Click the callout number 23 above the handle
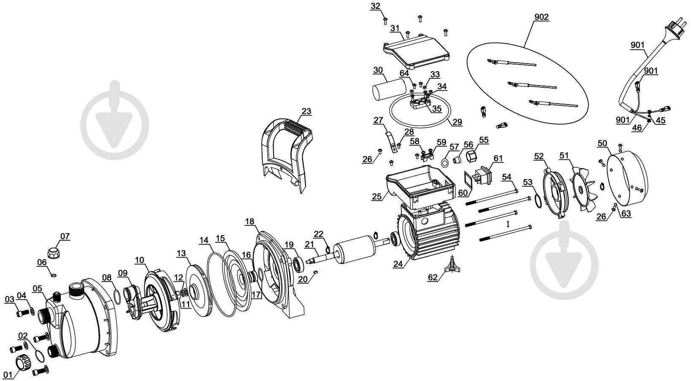pyautogui.click(x=306, y=111)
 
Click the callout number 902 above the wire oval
pyautogui.click(x=541, y=17)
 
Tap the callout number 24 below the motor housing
pyautogui.click(x=398, y=264)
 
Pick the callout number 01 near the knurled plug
pyautogui.click(x=7, y=374)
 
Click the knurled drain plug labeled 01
pyautogui.click(x=22, y=362)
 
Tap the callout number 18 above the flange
pyautogui.click(x=249, y=222)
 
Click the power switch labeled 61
pyautogui.click(x=481, y=175)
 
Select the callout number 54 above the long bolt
pyautogui.click(x=507, y=177)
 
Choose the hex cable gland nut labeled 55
pyautogui.click(x=471, y=158)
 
